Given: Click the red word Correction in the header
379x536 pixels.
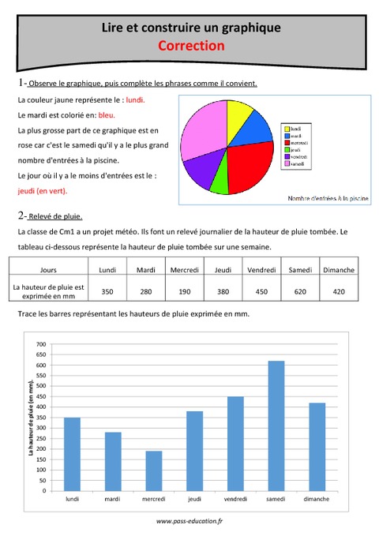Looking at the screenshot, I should (x=191, y=46).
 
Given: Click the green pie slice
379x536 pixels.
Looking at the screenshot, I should (x=220, y=182).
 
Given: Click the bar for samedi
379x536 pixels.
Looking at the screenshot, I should (x=276, y=425).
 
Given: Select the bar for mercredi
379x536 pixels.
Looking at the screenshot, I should (x=154, y=470).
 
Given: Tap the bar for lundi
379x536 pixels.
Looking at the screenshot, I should (x=72, y=454).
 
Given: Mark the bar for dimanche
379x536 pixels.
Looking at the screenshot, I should (x=317, y=447).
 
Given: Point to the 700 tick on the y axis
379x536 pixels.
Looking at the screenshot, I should (x=41, y=345).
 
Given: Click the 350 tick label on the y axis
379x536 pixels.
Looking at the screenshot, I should (x=41, y=418).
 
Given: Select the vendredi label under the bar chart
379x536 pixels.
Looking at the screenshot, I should (x=235, y=499).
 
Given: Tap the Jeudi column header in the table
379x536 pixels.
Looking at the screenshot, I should (x=223, y=270).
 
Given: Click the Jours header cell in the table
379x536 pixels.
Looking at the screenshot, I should (x=47, y=270).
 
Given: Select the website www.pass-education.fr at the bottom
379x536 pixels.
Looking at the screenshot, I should (x=189, y=521).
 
